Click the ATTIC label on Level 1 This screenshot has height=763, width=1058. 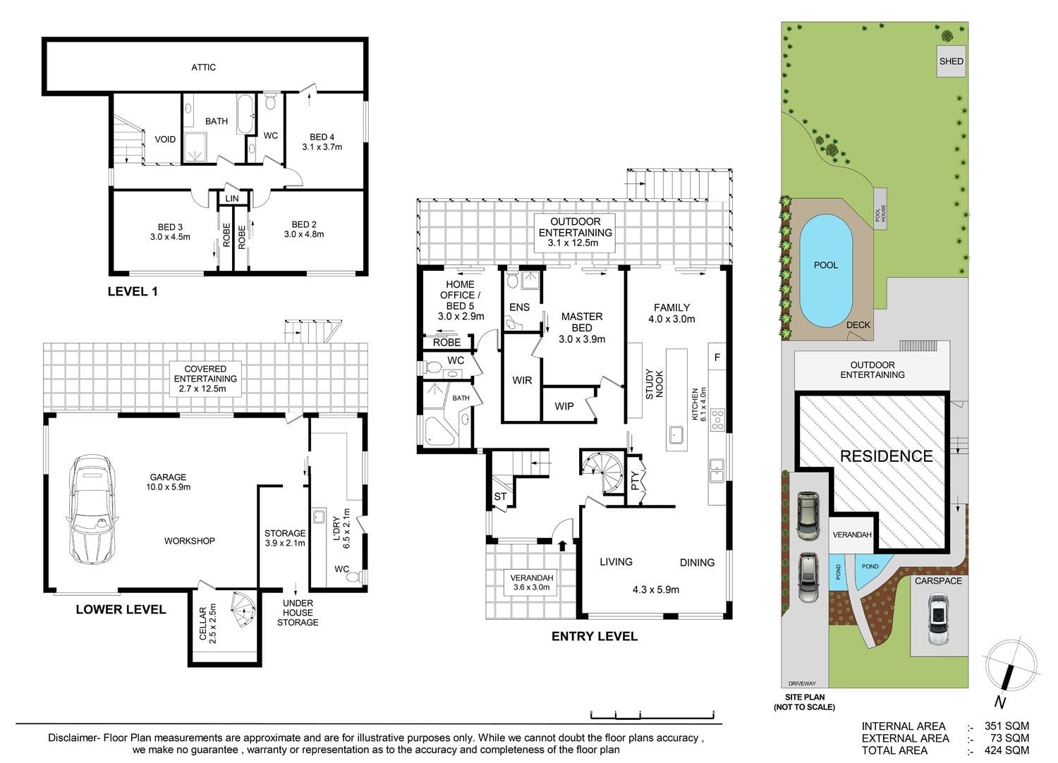(x=204, y=68)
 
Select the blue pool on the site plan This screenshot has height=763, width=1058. (x=826, y=271)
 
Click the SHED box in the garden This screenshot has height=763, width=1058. (x=951, y=61)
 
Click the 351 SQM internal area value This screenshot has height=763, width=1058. (x=1007, y=726)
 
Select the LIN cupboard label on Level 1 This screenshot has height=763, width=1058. (x=232, y=199)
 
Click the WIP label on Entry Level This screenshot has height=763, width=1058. (x=564, y=406)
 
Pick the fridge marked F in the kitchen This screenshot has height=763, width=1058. (x=717, y=357)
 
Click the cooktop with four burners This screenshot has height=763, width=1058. (x=717, y=420)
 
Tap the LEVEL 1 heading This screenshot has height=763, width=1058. (x=133, y=291)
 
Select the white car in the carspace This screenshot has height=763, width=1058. (x=938, y=619)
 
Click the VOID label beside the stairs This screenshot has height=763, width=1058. (x=165, y=140)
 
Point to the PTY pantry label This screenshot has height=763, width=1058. (x=635, y=481)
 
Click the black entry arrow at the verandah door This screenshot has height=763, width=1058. (x=562, y=545)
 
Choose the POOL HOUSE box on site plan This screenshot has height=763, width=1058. (x=880, y=209)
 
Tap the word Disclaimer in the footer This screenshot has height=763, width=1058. (x=71, y=738)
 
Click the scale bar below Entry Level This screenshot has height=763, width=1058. (x=652, y=715)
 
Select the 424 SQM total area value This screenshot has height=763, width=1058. (x=1007, y=751)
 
